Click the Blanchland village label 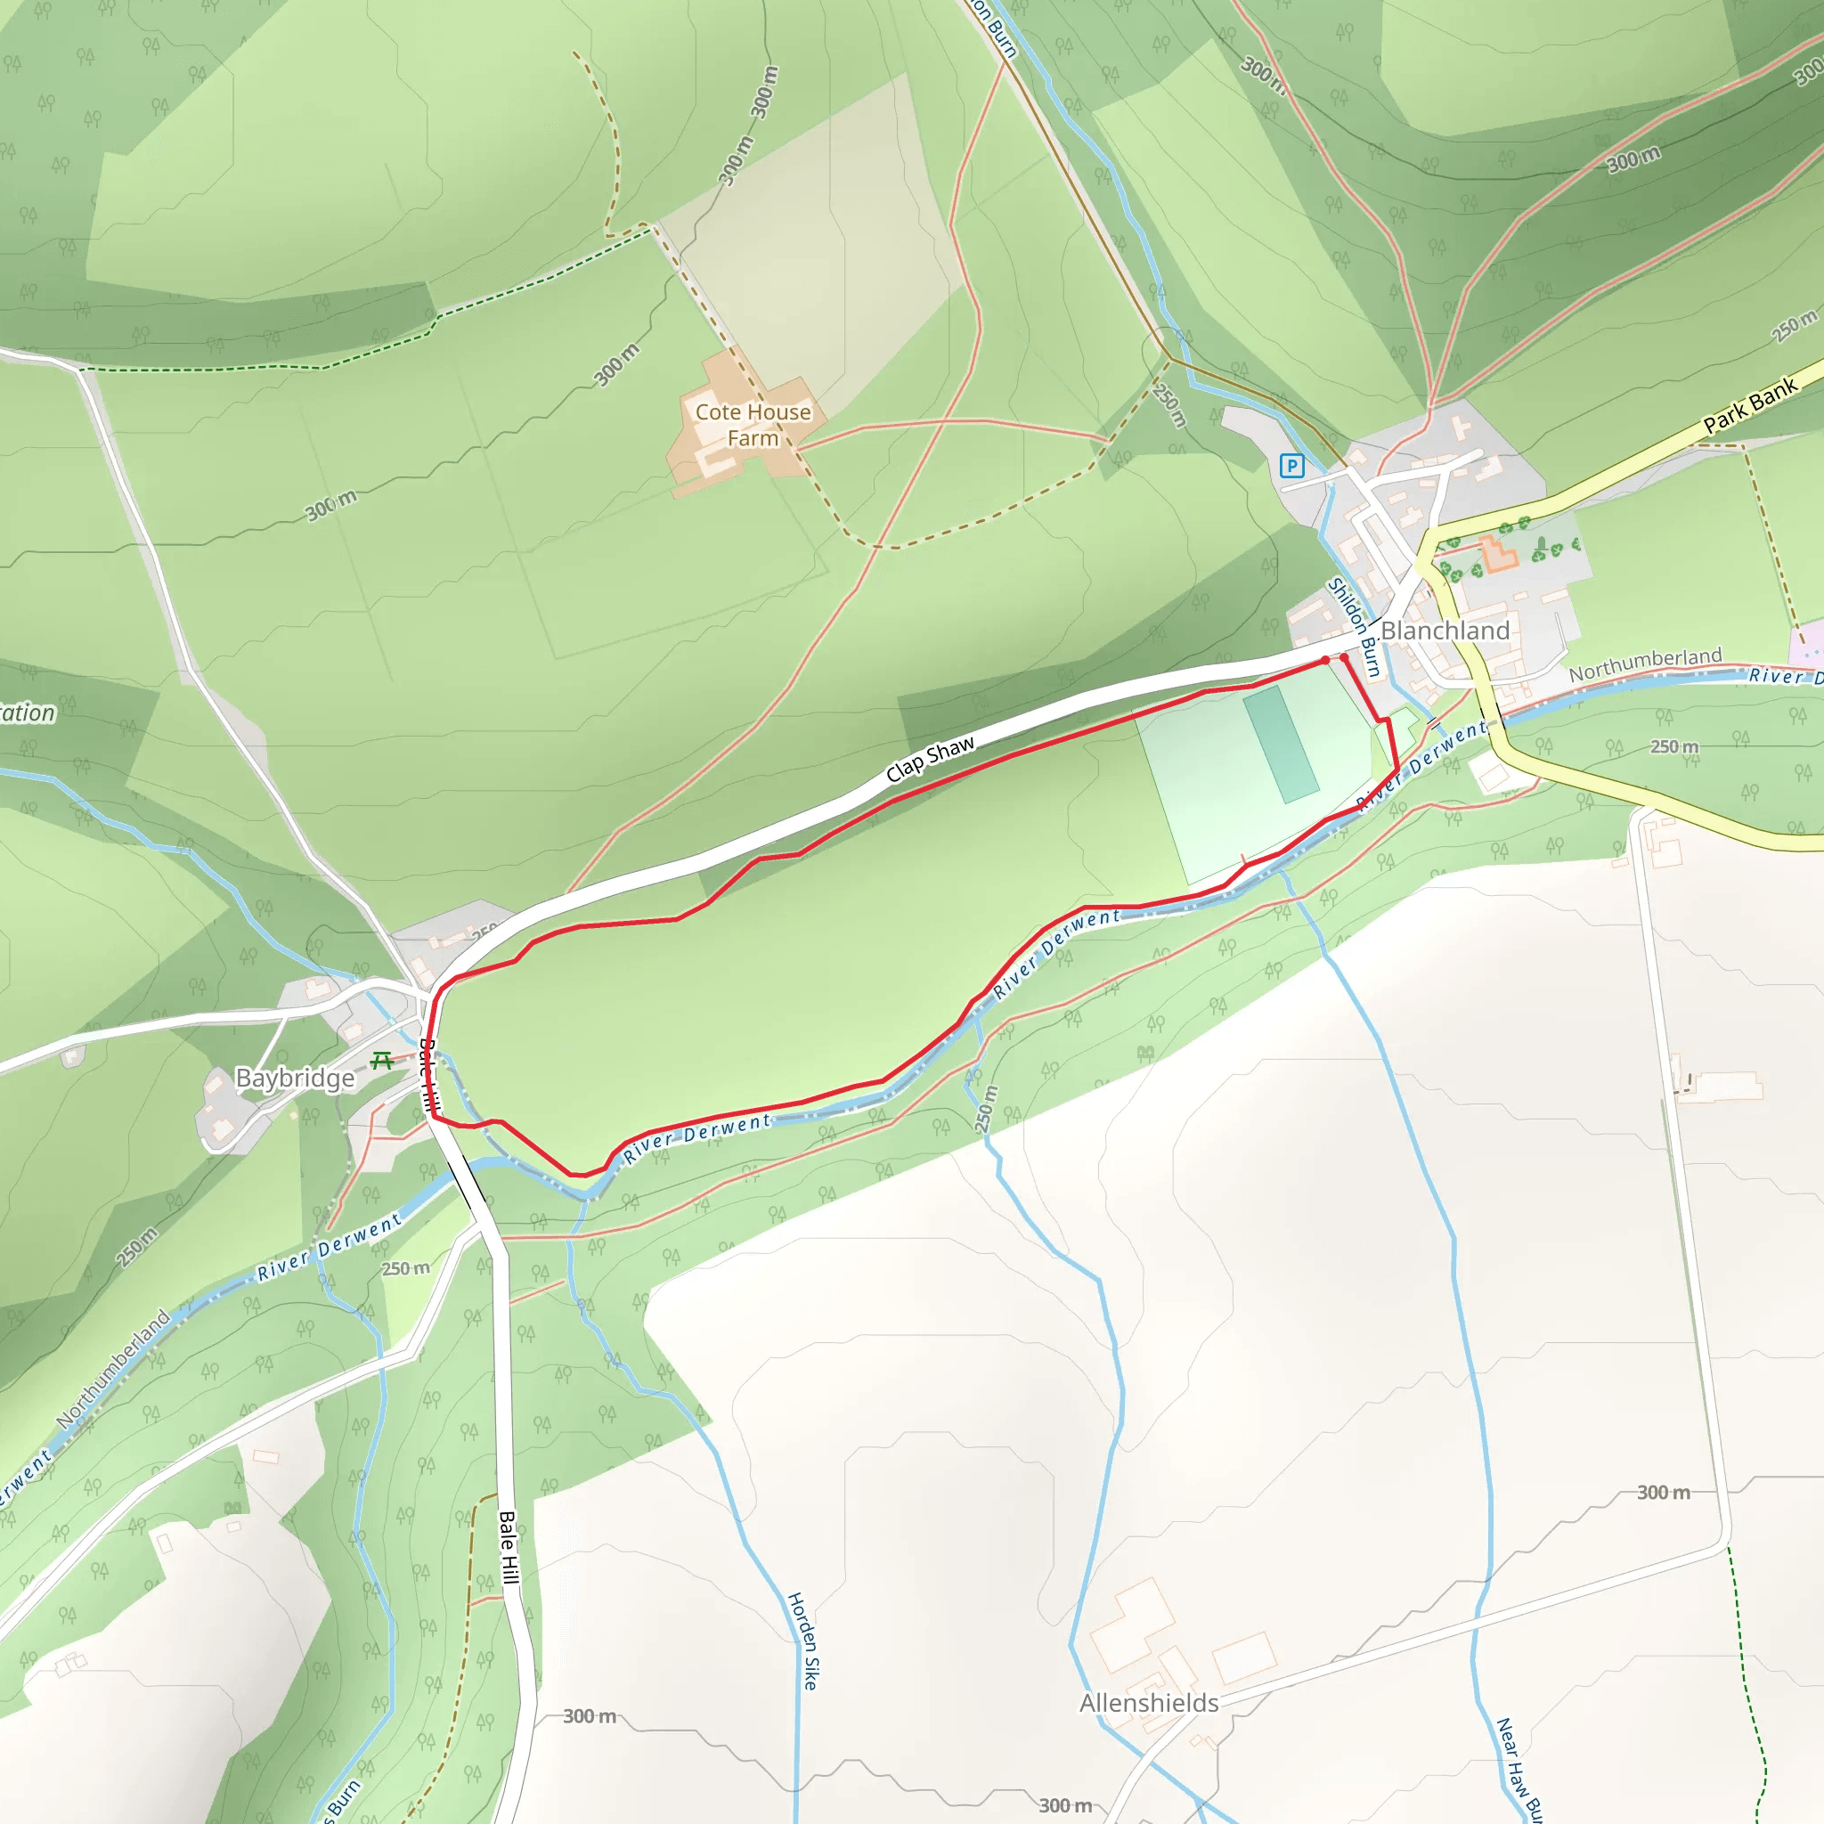1445,631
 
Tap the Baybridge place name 295,1079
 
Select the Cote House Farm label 753,425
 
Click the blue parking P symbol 1291,466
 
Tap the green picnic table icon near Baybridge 382,1060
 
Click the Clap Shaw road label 930,759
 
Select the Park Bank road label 1750,406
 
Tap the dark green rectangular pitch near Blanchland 1281,745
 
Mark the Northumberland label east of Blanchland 1646,664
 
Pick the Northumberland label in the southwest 113,1369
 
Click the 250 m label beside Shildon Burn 1168,405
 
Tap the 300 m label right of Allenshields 1663,1493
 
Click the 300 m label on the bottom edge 1065,1805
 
